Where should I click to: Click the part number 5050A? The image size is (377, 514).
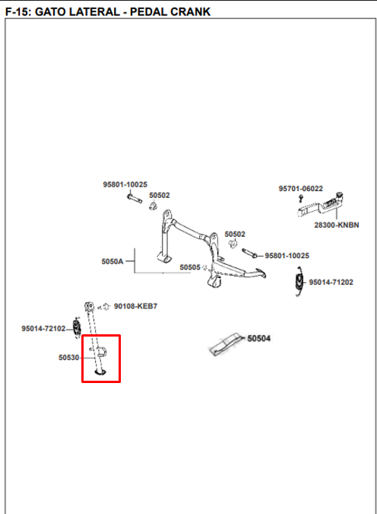pyautogui.click(x=112, y=261)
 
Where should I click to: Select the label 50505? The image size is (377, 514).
pyautogui.click(x=190, y=267)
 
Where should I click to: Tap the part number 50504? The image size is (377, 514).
pyautogui.click(x=259, y=338)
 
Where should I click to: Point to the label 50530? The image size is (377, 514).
pyautogui.click(x=68, y=357)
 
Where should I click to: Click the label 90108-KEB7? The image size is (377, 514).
pyautogui.click(x=135, y=306)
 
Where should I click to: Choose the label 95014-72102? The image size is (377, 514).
pyautogui.click(x=43, y=328)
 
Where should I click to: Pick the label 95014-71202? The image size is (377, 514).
pyautogui.click(x=331, y=283)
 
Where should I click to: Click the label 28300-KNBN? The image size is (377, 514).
pyautogui.click(x=337, y=225)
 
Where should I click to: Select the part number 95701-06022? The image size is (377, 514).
pyautogui.click(x=300, y=189)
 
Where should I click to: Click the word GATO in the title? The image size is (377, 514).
pyautogui.click(x=50, y=11)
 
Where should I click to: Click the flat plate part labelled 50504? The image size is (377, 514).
pyautogui.click(x=226, y=344)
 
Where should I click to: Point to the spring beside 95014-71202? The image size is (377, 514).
pyautogui.click(x=299, y=281)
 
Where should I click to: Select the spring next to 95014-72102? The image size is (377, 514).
pyautogui.click(x=77, y=327)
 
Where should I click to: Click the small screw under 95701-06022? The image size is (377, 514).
pyautogui.click(x=301, y=198)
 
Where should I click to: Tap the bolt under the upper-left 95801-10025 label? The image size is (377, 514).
pyautogui.click(x=135, y=199)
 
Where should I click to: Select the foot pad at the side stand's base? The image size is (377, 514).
pyautogui.click(x=100, y=372)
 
